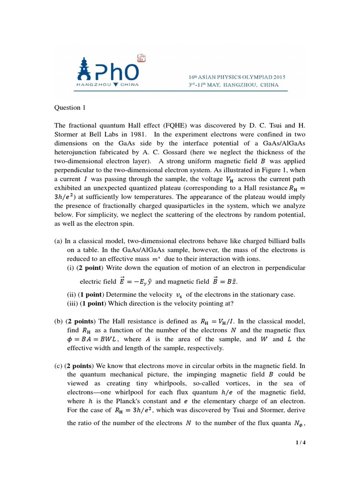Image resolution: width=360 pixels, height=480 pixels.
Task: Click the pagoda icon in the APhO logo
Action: pos(83,70)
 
